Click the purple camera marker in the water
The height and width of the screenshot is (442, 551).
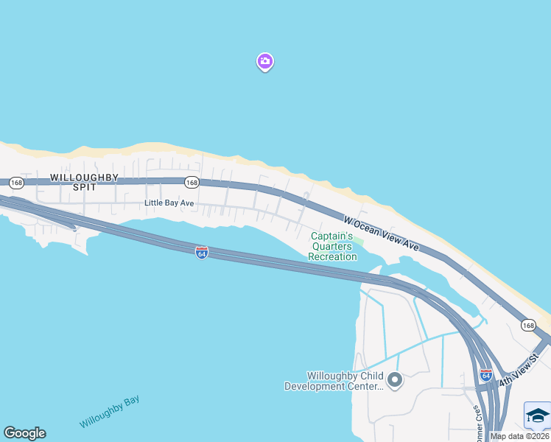pos(265,62)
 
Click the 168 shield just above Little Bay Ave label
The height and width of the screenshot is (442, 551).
pos(192,182)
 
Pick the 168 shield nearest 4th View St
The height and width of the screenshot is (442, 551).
pos(528,325)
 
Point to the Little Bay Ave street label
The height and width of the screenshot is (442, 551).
pos(169,203)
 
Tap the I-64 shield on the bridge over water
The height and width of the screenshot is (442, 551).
pos(202,253)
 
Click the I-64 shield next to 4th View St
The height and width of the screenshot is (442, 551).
pos(485,374)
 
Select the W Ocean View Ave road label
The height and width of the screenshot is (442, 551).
pos(382,233)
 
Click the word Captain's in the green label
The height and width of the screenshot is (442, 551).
pos(331,236)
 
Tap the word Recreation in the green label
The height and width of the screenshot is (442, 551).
pos(332,256)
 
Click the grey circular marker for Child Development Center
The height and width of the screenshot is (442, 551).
pos(395,380)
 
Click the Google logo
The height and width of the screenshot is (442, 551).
pos(24,433)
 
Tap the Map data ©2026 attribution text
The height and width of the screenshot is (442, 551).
pos(520,436)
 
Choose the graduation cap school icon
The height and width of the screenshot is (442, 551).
pos(537,416)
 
